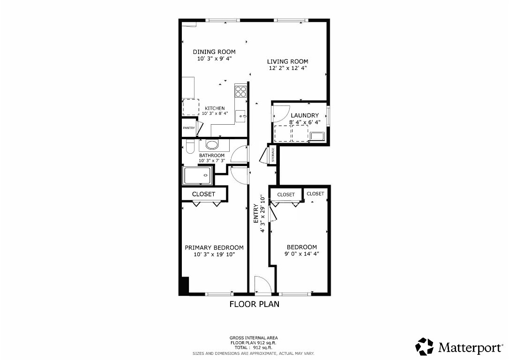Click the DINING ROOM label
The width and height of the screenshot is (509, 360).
(x=214, y=52)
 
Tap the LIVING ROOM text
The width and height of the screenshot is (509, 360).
(x=287, y=61)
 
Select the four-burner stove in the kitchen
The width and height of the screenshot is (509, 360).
(x=241, y=90)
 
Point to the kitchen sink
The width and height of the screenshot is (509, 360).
(x=240, y=115)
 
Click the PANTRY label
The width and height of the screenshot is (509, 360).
(x=188, y=128)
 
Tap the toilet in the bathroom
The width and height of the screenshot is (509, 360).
(x=189, y=147)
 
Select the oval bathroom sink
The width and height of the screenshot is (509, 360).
(x=212, y=144)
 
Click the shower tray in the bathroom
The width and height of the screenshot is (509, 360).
(x=197, y=176)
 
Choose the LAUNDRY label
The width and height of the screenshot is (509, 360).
(x=304, y=115)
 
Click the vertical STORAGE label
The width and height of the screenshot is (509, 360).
(x=273, y=155)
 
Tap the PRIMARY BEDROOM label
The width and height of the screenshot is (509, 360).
(x=214, y=247)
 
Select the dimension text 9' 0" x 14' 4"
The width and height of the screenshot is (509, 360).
(x=301, y=254)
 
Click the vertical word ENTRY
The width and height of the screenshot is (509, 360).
(x=256, y=214)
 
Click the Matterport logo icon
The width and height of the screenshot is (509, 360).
(x=425, y=346)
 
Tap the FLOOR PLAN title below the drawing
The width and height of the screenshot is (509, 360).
(x=254, y=304)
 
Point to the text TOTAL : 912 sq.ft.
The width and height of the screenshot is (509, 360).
(x=253, y=347)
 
